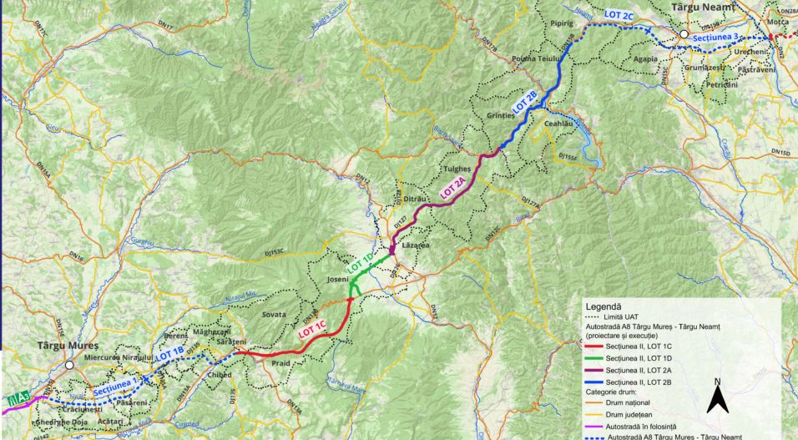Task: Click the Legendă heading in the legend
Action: pyautogui.click(x=608, y=307)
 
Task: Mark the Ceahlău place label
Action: pyautogui.click(x=561, y=123)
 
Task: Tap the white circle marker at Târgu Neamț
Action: pyautogui.click(x=683, y=35)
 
